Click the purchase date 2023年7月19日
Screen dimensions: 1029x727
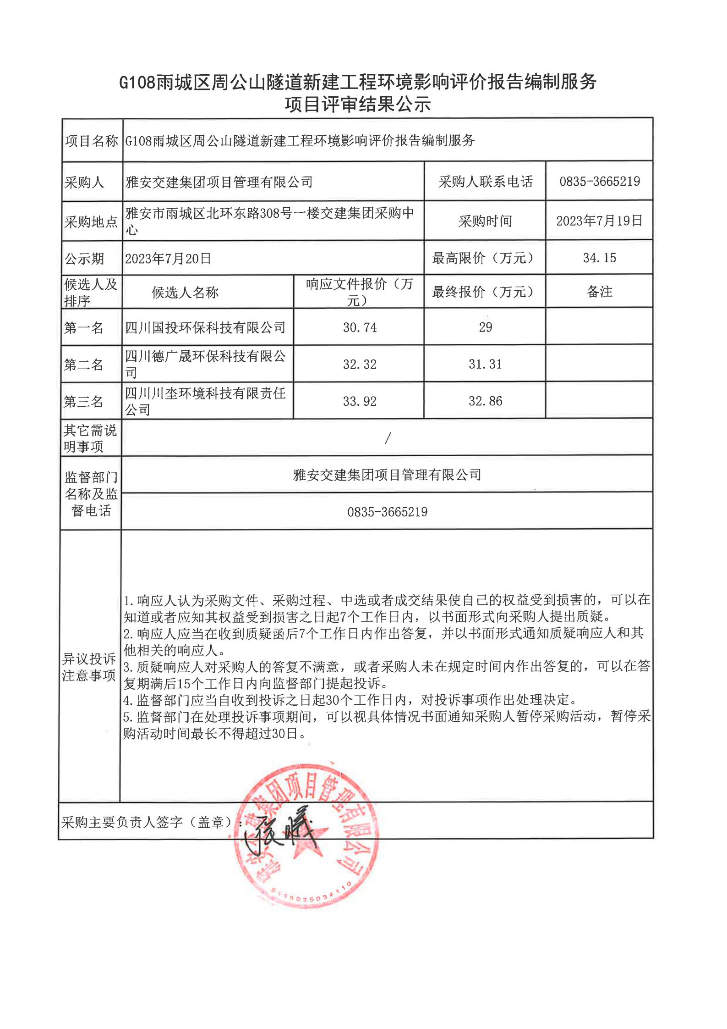(x=599, y=221)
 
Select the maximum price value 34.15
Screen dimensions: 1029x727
(x=599, y=258)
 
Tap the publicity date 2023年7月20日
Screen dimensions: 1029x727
(x=168, y=259)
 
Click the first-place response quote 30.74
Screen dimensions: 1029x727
(x=360, y=327)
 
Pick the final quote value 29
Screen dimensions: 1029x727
(x=485, y=327)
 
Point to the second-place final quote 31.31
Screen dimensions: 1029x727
(x=485, y=365)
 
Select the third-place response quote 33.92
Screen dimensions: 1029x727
(x=360, y=402)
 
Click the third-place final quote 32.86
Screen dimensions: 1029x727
(x=485, y=401)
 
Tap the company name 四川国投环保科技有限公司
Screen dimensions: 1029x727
(x=205, y=328)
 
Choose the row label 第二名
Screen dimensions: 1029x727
(x=83, y=365)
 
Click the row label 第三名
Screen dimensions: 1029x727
(x=83, y=402)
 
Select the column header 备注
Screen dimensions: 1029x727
(x=599, y=292)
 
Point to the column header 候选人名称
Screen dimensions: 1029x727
(x=185, y=293)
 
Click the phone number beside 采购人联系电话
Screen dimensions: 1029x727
(x=599, y=182)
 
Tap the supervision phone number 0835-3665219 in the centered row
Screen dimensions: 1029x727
(x=387, y=512)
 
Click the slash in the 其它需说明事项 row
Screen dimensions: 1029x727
(x=388, y=438)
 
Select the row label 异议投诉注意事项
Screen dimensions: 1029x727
(x=89, y=667)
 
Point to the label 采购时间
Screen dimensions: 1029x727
(x=485, y=221)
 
